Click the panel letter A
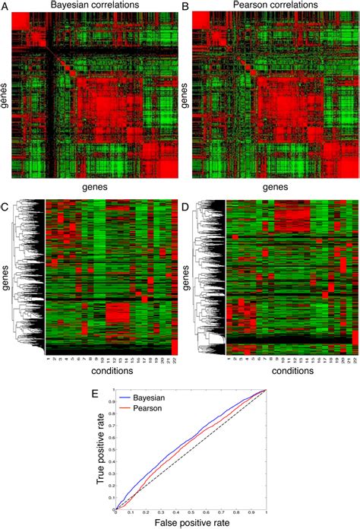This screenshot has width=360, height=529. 5,7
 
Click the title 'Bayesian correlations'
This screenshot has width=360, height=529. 94,6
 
